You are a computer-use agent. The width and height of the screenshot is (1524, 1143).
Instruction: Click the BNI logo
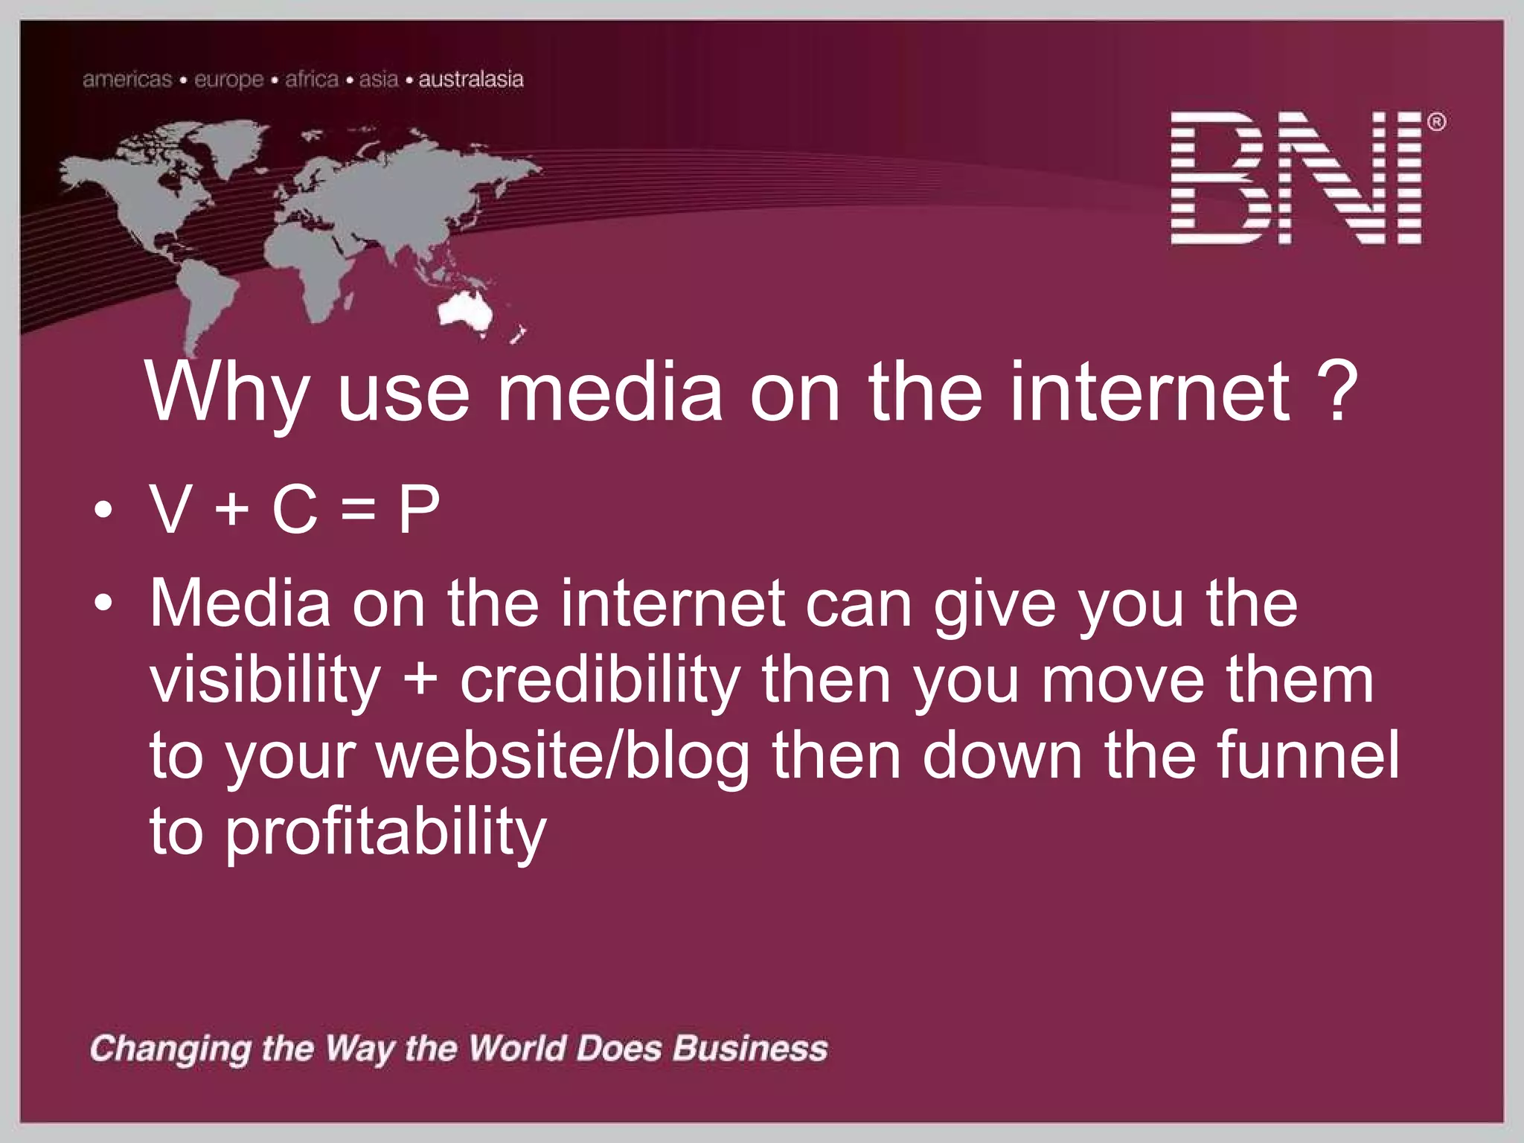[x=1296, y=178]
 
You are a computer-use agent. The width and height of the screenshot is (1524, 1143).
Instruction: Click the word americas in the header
[x=127, y=80]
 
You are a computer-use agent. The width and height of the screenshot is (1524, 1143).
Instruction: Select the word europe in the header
[x=229, y=80]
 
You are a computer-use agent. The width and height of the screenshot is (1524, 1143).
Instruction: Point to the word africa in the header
[x=311, y=80]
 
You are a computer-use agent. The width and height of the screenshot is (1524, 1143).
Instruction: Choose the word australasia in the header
[x=471, y=80]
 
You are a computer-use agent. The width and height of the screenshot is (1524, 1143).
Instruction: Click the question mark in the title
[x=1336, y=391]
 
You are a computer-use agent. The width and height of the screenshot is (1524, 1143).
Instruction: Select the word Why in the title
[x=227, y=393]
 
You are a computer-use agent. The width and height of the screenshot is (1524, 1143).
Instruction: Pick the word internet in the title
[x=1150, y=391]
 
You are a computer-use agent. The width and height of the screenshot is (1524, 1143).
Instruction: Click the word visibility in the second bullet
[x=265, y=680]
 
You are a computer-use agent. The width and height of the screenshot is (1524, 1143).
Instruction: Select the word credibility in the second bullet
[x=600, y=680]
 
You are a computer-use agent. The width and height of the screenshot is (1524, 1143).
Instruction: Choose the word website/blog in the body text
[x=563, y=756]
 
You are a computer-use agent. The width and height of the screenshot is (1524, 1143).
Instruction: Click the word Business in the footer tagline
[x=750, y=1048]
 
